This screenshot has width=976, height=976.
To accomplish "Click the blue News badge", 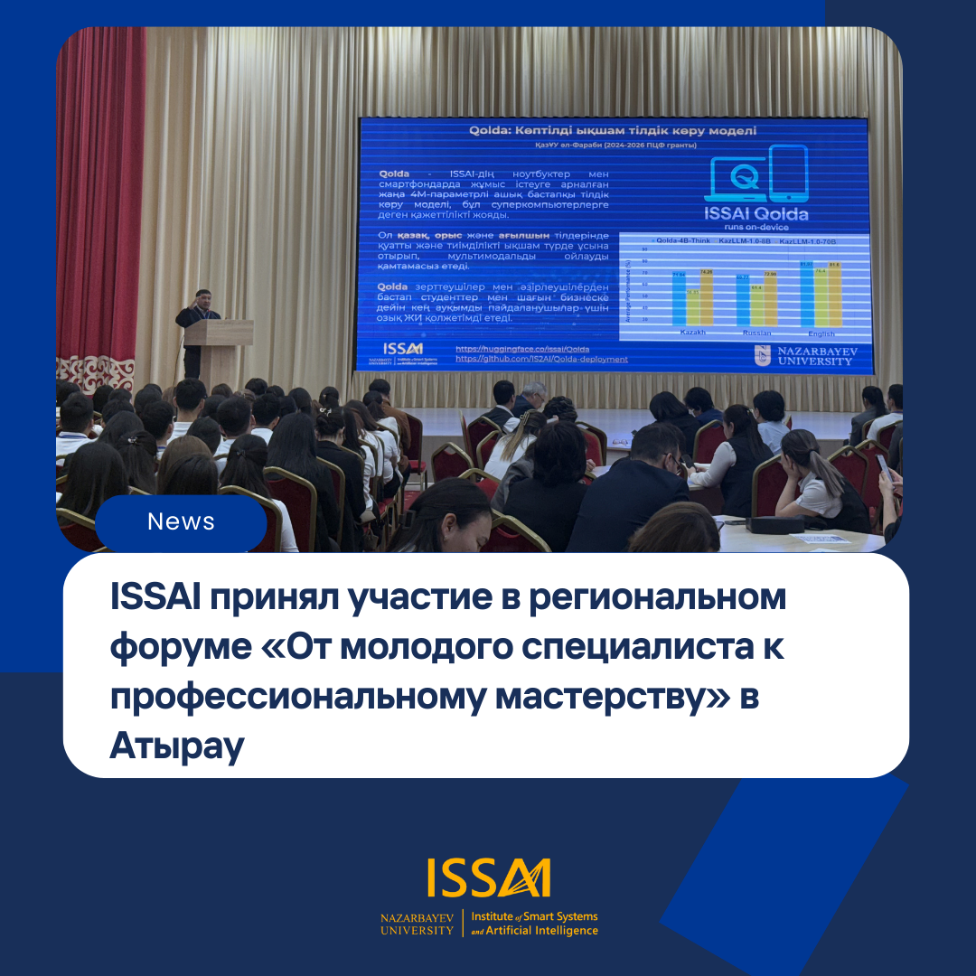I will (x=181, y=521).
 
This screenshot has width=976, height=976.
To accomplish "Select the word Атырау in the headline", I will (x=177, y=746).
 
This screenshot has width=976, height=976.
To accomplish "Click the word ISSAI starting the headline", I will (x=155, y=598).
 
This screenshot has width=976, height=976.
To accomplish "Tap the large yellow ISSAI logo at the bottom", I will (x=489, y=879).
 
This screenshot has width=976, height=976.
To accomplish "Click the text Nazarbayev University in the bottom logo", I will (x=417, y=924).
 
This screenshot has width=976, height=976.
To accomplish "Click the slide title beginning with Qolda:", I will (x=613, y=131).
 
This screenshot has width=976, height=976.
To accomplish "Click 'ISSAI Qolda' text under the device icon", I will (x=755, y=214).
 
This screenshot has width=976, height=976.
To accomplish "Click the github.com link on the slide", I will (x=541, y=359).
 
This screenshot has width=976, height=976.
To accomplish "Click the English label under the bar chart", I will (x=821, y=333).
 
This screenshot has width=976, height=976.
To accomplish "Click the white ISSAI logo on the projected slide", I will (x=402, y=349).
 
